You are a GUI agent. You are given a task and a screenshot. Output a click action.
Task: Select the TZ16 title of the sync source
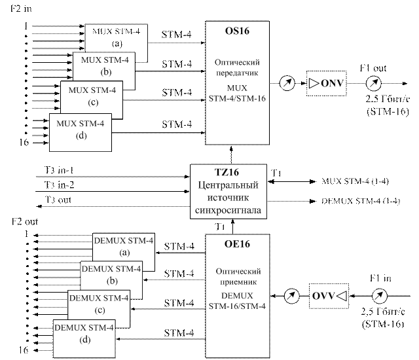point(227,173)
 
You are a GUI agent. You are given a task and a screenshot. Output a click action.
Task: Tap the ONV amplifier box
point(327,83)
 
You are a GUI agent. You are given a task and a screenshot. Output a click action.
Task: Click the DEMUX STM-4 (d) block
point(84,333)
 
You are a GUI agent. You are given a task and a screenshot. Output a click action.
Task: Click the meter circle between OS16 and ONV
point(285,83)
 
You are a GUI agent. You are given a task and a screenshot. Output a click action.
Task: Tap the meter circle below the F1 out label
point(373,83)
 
